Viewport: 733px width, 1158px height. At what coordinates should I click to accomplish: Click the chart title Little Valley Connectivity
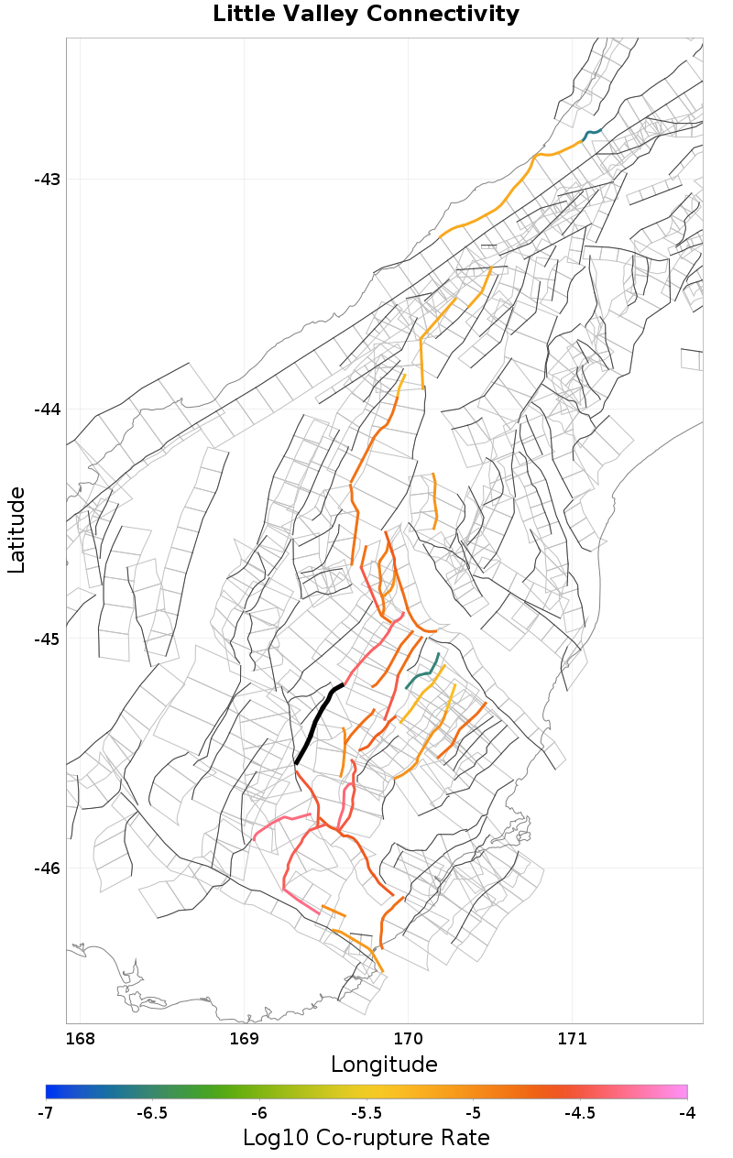pyautogui.click(x=366, y=15)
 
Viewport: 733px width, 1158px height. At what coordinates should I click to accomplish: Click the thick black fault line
pyautogui.click(x=314, y=724)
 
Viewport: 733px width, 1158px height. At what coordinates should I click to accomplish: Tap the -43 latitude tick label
pyautogui.click(x=47, y=179)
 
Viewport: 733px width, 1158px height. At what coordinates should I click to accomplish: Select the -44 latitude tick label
pyautogui.click(x=47, y=409)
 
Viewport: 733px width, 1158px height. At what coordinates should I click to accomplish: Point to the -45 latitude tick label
pyautogui.click(x=47, y=639)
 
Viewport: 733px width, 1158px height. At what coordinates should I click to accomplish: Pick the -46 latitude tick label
pyautogui.click(x=47, y=868)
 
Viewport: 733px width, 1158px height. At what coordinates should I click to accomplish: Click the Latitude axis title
pyautogui.click(x=17, y=530)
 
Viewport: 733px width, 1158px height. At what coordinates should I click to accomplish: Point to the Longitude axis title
pyautogui.click(x=384, y=1065)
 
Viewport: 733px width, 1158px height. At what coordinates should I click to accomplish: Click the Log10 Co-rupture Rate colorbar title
pyautogui.click(x=366, y=1138)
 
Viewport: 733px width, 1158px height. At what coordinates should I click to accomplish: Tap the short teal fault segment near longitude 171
pyautogui.click(x=593, y=134)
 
